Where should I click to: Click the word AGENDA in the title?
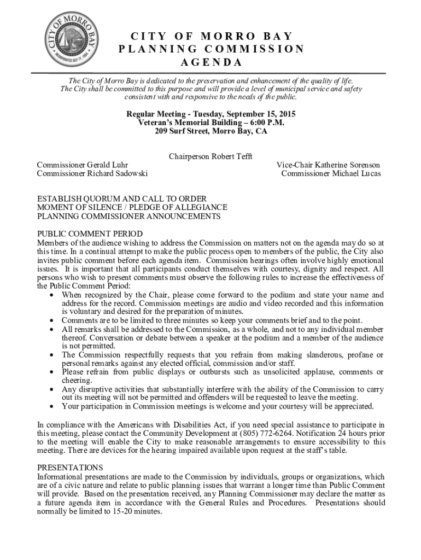click(210, 62)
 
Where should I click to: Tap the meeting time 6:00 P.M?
click(262, 123)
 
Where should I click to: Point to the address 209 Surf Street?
click(182, 132)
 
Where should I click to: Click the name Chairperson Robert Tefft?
click(210, 156)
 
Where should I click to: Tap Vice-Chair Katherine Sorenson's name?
click(328, 165)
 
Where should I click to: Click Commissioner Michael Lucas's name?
click(331, 174)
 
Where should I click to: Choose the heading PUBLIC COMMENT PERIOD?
click(90, 234)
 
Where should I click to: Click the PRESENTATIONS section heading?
click(70, 468)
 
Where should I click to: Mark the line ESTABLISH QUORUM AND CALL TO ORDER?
click(121, 199)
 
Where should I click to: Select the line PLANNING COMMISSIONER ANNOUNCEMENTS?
click(128, 217)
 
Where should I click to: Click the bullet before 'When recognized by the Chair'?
click(51, 295)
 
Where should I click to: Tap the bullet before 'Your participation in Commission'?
click(51, 407)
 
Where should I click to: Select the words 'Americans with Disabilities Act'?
click(158, 424)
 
